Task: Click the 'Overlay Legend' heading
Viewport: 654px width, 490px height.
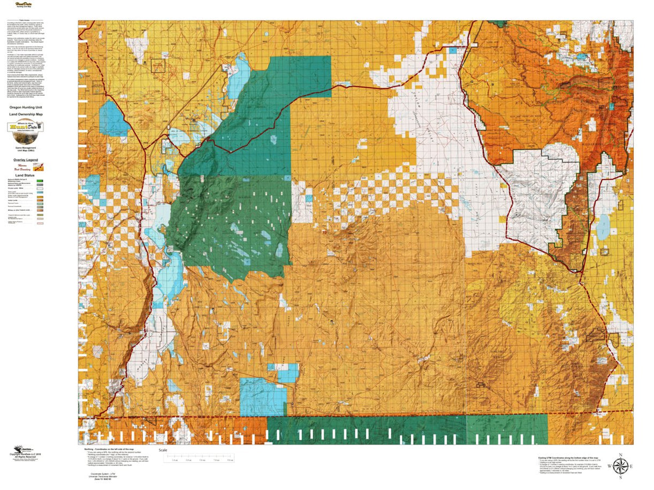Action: point(26,160)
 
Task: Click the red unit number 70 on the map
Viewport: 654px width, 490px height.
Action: point(325,234)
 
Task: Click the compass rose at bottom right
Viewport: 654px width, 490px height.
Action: point(620,466)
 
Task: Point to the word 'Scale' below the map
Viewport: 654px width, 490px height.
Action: point(162,450)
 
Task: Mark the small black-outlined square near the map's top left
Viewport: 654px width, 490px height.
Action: point(158,65)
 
